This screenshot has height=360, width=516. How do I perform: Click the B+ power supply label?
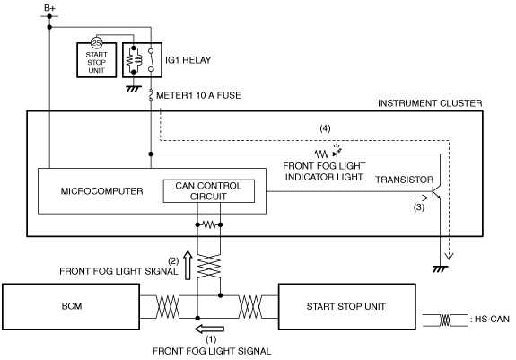[x=49, y=7]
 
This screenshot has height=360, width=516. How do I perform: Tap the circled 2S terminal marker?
[x=96, y=43]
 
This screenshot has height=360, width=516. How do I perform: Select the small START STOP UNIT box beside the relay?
[x=96, y=60]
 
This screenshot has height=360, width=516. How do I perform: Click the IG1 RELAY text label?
[x=188, y=60]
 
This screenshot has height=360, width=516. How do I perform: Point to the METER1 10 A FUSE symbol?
[x=151, y=95]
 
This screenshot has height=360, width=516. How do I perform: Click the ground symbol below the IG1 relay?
[x=134, y=89]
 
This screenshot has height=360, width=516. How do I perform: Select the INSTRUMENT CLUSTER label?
[x=430, y=103]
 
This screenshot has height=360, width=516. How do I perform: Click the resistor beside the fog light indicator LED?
[x=321, y=154]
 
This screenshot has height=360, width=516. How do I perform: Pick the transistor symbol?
[x=436, y=192]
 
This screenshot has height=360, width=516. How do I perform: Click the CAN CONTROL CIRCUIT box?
[x=209, y=191]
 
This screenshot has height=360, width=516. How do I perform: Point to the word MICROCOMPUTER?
[x=101, y=191]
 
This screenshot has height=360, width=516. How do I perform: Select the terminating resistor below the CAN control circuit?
[x=209, y=225]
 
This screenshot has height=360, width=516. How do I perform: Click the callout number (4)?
[x=325, y=128]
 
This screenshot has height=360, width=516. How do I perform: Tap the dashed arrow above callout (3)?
[x=419, y=198]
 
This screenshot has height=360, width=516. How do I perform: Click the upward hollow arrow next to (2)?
[x=188, y=265]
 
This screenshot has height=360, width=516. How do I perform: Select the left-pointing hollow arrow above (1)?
[x=210, y=329]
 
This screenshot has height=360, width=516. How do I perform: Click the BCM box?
[x=71, y=307]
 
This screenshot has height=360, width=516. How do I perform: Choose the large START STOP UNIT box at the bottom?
[x=347, y=307]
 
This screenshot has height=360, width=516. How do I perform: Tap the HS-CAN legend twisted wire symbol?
[x=445, y=320]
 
